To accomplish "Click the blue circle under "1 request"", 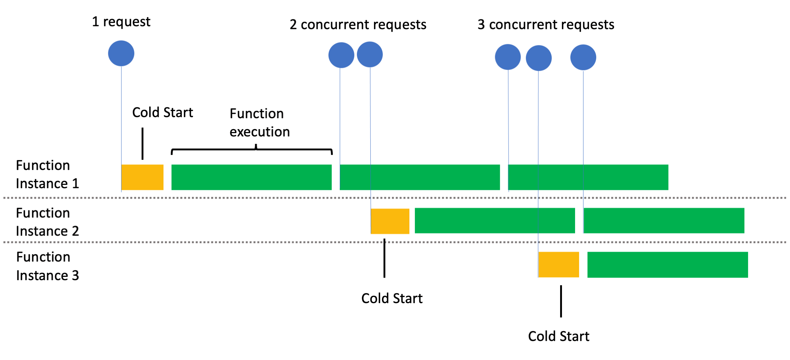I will pyautogui.click(x=121, y=53).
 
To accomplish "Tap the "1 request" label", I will pyautogui.click(x=121, y=22).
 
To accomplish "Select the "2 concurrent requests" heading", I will pyautogui.click(x=358, y=25).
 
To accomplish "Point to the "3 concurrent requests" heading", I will pyautogui.click(x=546, y=25).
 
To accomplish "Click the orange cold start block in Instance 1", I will pyautogui.click(x=142, y=177).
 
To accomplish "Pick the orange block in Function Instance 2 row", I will pyautogui.click(x=390, y=221).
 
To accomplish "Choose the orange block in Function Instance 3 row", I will pyautogui.click(x=558, y=264).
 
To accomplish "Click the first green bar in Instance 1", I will pyautogui.click(x=251, y=177).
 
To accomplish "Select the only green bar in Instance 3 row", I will pyautogui.click(x=667, y=264).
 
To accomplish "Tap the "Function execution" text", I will pyautogui.click(x=259, y=123).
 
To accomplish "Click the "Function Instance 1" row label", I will pyautogui.click(x=47, y=174).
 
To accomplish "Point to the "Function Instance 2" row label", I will pyautogui.click(x=47, y=222).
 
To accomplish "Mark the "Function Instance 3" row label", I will pyautogui.click(x=47, y=266).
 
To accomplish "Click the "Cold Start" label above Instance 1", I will pyautogui.click(x=162, y=112).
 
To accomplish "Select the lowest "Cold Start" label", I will pyautogui.click(x=558, y=336).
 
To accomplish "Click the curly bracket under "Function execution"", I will pyautogui.click(x=252, y=149).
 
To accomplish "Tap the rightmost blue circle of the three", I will pyautogui.click(x=583, y=57).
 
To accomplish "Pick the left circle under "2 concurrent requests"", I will pyautogui.click(x=341, y=55).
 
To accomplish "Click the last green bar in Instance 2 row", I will pyautogui.click(x=664, y=221).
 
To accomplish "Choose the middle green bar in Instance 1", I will pyautogui.click(x=420, y=177).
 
